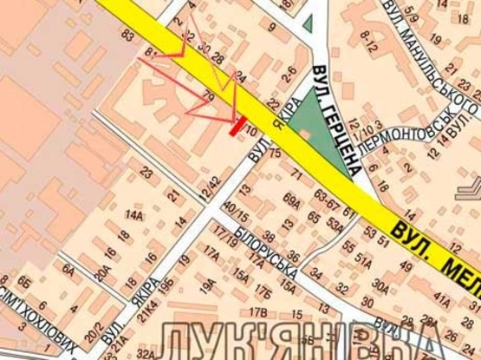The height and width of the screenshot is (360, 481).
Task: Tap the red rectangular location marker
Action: pos(236,127)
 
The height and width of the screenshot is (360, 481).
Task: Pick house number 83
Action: pos(128,35)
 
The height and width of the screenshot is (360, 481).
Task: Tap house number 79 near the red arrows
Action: pos(208,91)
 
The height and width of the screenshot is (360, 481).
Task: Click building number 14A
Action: pos(133,214)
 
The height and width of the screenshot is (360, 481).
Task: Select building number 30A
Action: pos(380,284)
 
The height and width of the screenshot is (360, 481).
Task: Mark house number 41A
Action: pos(442,303)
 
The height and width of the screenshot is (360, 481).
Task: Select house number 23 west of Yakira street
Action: pos(146,174)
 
